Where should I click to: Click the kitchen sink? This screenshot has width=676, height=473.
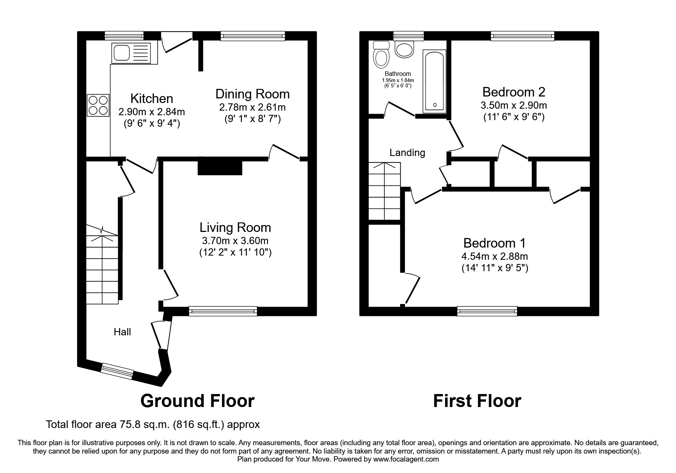[x=131, y=53]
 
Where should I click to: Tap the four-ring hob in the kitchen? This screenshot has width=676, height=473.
[x=98, y=105]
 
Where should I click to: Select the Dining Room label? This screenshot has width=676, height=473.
[x=252, y=94]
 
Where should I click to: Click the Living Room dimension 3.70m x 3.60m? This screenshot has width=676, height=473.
[x=235, y=241]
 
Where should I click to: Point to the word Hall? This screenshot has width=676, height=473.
[x=122, y=332]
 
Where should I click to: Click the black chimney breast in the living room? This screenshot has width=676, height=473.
[x=220, y=166]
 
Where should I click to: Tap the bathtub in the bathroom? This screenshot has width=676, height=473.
[x=434, y=81]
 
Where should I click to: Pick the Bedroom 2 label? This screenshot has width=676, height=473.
[x=514, y=92]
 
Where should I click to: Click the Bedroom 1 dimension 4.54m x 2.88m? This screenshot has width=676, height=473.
[x=495, y=256]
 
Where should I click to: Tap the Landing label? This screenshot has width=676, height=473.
[x=407, y=153]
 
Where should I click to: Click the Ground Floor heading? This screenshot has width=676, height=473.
[x=197, y=401]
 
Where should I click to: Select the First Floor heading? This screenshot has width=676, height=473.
[x=477, y=401]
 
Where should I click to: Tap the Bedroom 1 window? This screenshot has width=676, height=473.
[x=487, y=311]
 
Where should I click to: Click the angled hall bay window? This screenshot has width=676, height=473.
[x=118, y=372]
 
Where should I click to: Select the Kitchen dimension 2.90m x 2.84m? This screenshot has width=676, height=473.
[x=152, y=112]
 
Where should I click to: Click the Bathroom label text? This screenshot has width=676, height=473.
[x=398, y=74]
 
